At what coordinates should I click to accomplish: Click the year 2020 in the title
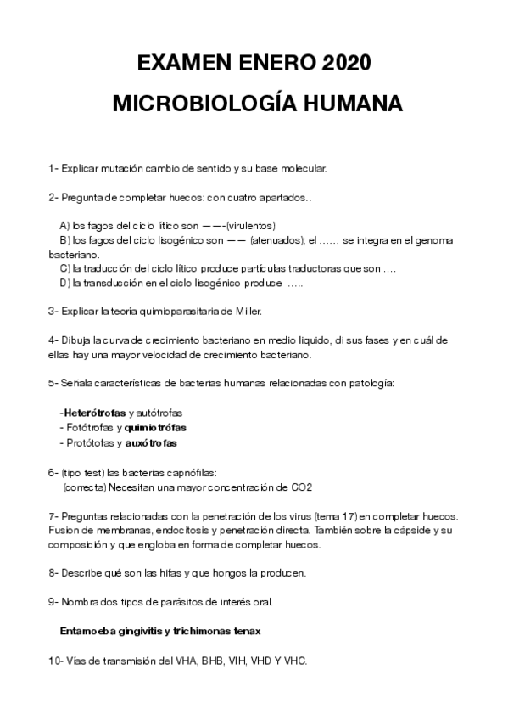point(345,65)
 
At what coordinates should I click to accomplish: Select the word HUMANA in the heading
point(349,104)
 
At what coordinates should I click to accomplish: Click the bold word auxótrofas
point(152,442)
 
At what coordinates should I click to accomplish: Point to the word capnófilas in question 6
point(194,471)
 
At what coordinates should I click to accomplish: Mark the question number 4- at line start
point(53,340)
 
